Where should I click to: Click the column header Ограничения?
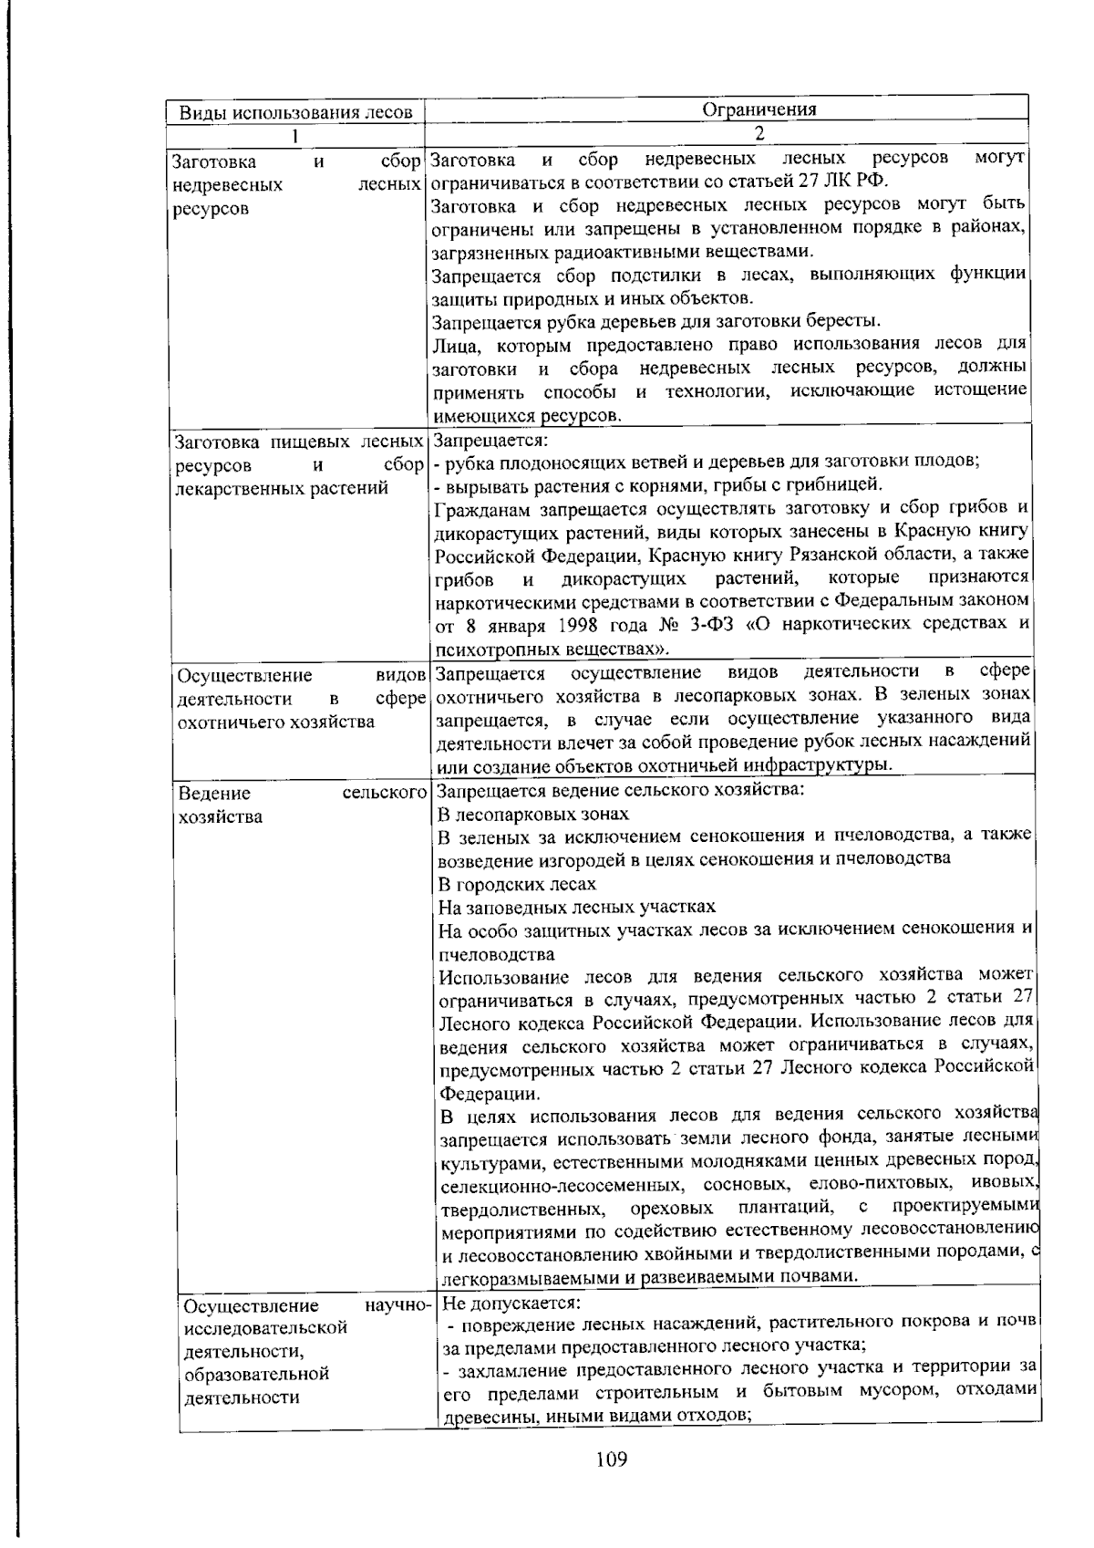pyautogui.click(x=759, y=109)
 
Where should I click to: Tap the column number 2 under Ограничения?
pyautogui.click(x=759, y=133)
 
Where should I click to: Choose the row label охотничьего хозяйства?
pyautogui.click(x=275, y=722)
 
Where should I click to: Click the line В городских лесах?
pyautogui.click(x=517, y=883)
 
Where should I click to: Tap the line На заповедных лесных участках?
pyautogui.click(x=576, y=907)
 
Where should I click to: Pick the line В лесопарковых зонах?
pyautogui.click(x=533, y=813)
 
